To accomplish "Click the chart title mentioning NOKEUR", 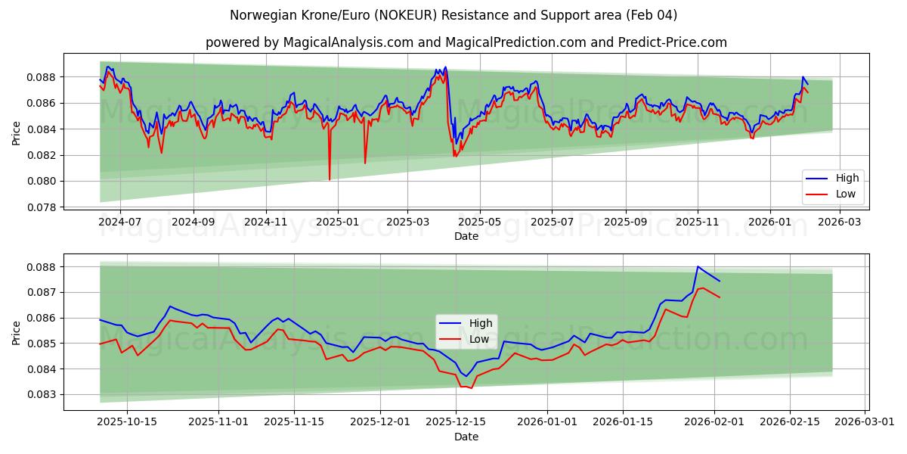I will click(453, 15).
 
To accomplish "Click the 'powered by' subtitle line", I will click(466, 42).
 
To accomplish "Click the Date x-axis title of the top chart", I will click(466, 237).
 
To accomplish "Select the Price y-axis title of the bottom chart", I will click(17, 332).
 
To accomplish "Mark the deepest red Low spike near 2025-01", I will click(330, 179).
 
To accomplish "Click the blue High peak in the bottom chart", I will click(698, 266).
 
